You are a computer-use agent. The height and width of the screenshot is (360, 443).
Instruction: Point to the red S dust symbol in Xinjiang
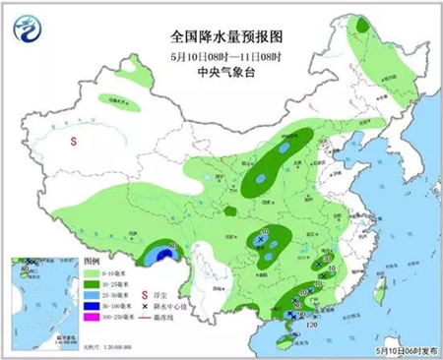(x=74, y=142)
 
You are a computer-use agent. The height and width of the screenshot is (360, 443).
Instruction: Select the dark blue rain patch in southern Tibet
(x=157, y=258)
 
